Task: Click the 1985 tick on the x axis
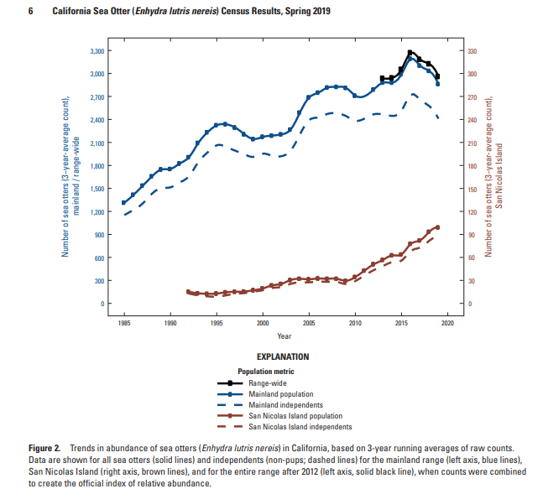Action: [124, 322]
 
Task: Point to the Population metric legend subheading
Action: [267, 371]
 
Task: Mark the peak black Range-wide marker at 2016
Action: [410, 53]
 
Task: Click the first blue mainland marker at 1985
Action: [124, 202]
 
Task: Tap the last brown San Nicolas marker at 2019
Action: [437, 227]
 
